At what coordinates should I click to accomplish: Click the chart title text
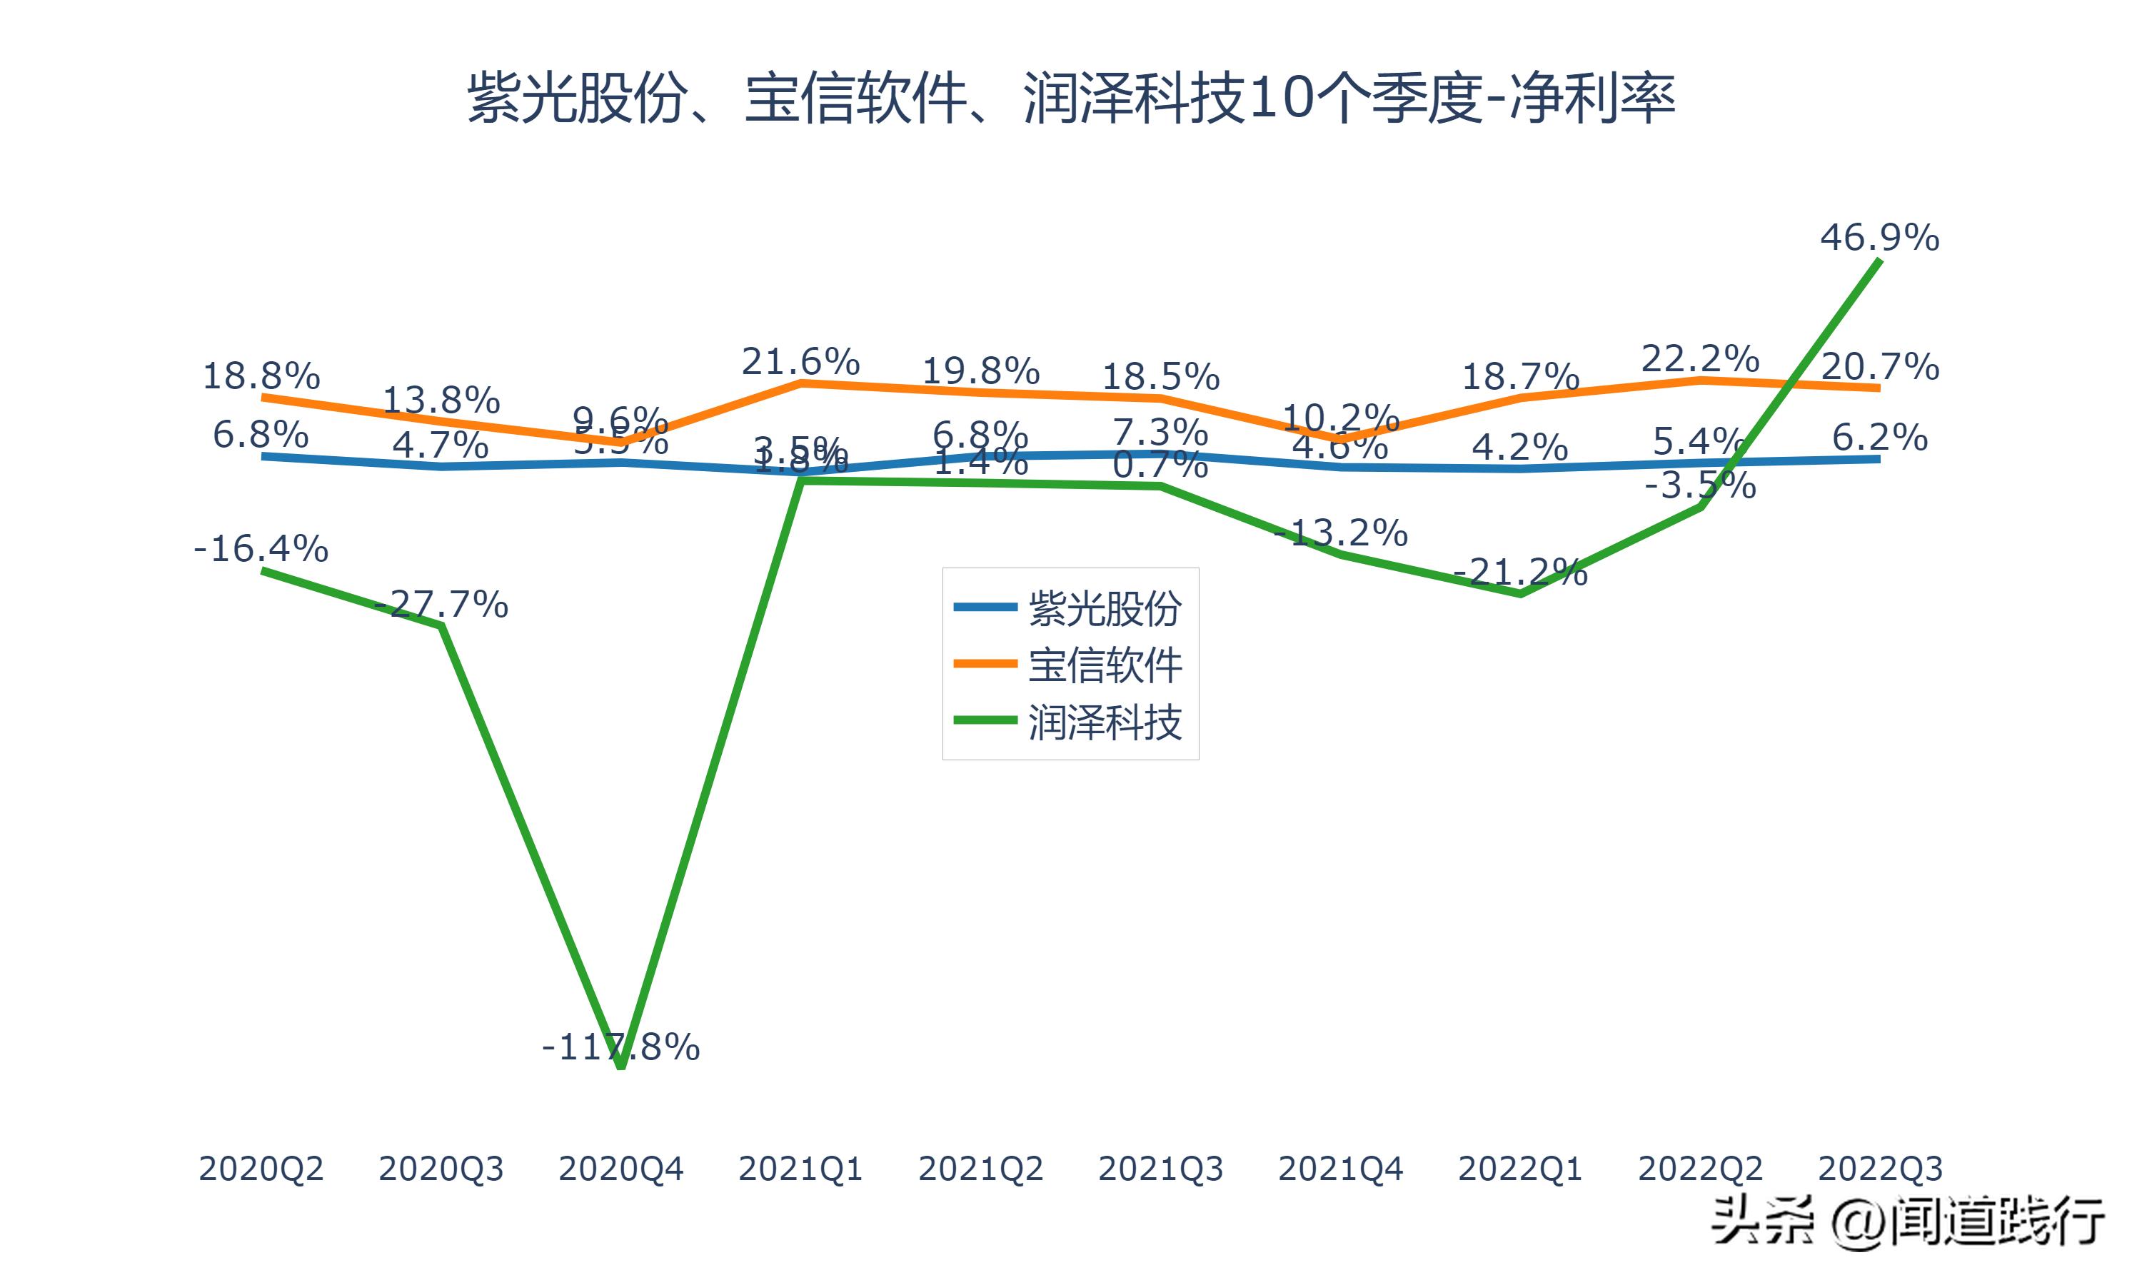click(x=1071, y=98)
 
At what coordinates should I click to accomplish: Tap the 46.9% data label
click(x=1879, y=237)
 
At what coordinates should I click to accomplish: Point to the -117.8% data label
click(x=620, y=1047)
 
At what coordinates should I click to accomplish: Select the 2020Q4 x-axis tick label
click(x=620, y=1169)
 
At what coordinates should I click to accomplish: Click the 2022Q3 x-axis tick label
click(x=1879, y=1169)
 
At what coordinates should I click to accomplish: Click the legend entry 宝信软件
click(x=1104, y=665)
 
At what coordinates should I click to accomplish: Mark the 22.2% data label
click(x=1699, y=358)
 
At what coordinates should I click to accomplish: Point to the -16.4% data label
click(x=261, y=548)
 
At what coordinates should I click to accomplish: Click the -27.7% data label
click(x=441, y=603)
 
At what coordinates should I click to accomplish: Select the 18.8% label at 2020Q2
click(x=261, y=376)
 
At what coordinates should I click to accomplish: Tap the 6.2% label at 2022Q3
click(x=1879, y=438)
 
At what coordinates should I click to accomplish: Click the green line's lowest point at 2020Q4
click(x=620, y=1067)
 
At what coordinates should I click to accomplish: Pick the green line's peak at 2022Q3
click(x=1879, y=260)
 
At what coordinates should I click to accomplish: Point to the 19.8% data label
click(x=980, y=371)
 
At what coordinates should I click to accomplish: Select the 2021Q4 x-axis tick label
click(x=1339, y=1169)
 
